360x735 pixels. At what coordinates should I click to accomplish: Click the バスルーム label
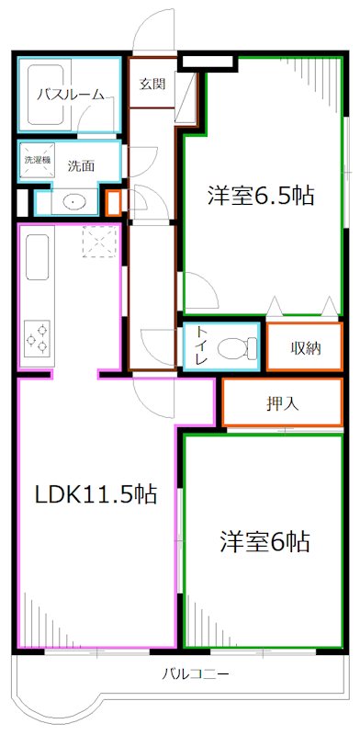[x=69, y=94]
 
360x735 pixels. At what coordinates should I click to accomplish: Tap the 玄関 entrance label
[x=152, y=85]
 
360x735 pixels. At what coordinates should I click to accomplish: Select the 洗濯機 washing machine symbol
[x=37, y=160]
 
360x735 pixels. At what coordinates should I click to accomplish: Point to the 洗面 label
[x=81, y=166]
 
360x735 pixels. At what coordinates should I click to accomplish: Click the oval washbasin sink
[x=72, y=201]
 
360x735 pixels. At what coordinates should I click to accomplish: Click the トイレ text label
[x=199, y=347]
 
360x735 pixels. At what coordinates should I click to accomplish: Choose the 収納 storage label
[x=306, y=348]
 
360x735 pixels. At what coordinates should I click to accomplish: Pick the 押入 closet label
[x=282, y=402]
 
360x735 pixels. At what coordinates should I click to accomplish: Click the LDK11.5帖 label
[x=95, y=494]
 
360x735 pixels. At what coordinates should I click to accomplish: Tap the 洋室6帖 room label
[x=264, y=541]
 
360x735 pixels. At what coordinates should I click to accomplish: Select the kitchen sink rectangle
[x=38, y=257]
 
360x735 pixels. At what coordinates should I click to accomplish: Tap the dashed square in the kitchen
[x=96, y=243]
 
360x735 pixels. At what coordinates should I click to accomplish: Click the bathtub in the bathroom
[x=45, y=93]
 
